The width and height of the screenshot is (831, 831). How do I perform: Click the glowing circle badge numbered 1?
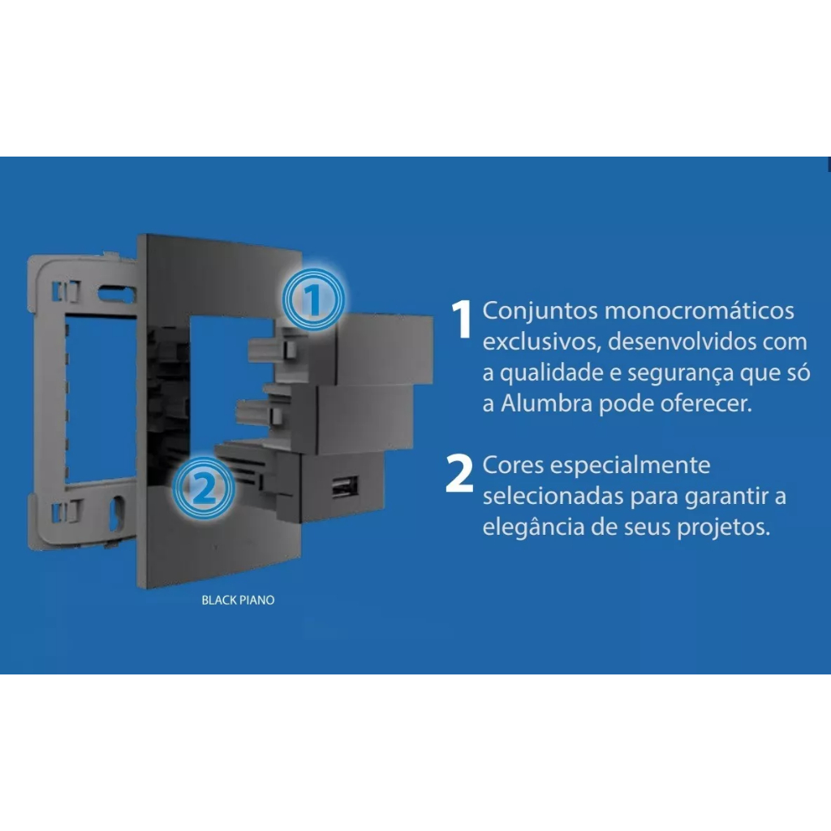coord(313,299)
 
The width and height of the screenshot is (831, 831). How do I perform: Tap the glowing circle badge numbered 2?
coord(204,488)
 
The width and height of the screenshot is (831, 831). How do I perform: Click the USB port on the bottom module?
coord(344,487)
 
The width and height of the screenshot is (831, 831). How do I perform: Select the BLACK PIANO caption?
coord(238,600)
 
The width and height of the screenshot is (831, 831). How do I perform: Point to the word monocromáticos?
coord(699,311)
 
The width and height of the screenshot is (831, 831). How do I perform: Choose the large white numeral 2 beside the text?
coord(459,473)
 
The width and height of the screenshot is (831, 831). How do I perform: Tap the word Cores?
coord(513,465)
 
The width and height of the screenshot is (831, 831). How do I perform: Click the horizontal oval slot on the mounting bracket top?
coord(117,294)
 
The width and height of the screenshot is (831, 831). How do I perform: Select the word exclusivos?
coord(542,342)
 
